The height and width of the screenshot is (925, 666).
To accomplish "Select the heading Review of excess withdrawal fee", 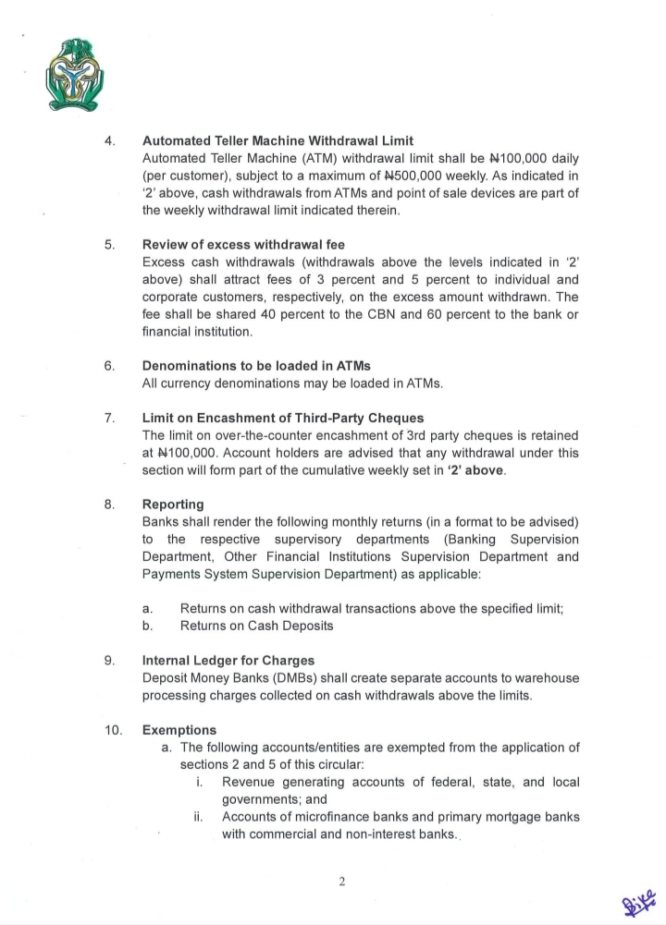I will click(x=243, y=245).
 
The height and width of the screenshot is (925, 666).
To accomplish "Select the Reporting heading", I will click(x=173, y=505).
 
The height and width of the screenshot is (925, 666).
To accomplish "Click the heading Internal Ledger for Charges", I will click(x=228, y=661).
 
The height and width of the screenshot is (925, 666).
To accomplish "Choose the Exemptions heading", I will click(x=179, y=730).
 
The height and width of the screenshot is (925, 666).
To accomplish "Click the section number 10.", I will click(x=114, y=730).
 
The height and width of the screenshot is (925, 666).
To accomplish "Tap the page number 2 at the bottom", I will click(x=341, y=881).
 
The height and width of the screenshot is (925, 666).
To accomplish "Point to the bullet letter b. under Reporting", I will click(x=147, y=626).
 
